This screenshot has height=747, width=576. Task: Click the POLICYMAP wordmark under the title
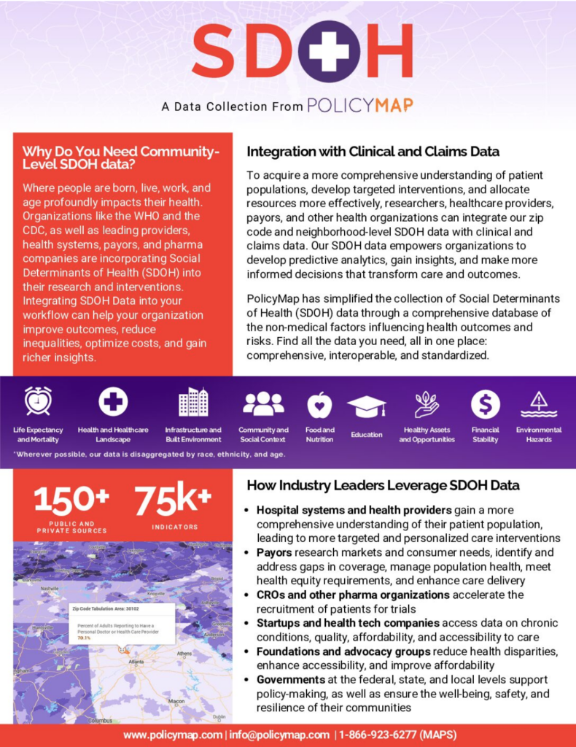(360, 106)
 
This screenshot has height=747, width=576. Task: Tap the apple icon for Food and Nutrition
(319, 404)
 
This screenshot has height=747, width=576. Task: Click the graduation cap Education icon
(366, 406)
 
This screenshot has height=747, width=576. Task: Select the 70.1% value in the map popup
(85, 638)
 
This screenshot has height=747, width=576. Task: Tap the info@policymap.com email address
(279, 735)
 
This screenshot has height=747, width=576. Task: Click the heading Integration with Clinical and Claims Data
(373, 152)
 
